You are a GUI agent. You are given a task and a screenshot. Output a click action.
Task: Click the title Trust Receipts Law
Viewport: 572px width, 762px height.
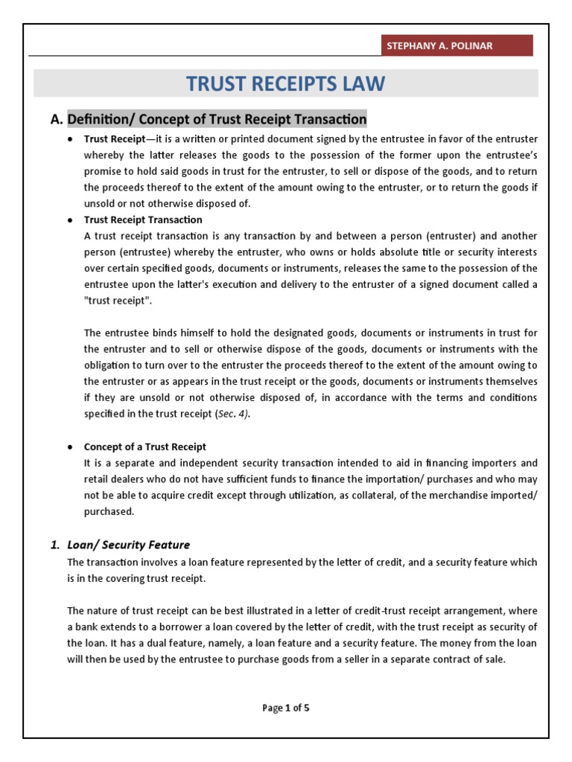(285, 83)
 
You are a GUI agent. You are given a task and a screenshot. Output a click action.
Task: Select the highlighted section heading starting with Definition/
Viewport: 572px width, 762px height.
(217, 118)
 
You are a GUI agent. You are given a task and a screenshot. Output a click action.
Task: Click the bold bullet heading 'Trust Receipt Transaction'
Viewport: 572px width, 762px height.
(142, 220)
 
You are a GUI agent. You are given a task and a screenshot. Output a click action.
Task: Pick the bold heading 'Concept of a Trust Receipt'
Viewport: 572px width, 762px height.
(144, 446)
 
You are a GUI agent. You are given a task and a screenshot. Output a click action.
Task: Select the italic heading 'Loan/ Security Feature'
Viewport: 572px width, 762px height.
(128, 545)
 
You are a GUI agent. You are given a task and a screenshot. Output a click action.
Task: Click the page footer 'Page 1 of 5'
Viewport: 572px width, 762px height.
(285, 708)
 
